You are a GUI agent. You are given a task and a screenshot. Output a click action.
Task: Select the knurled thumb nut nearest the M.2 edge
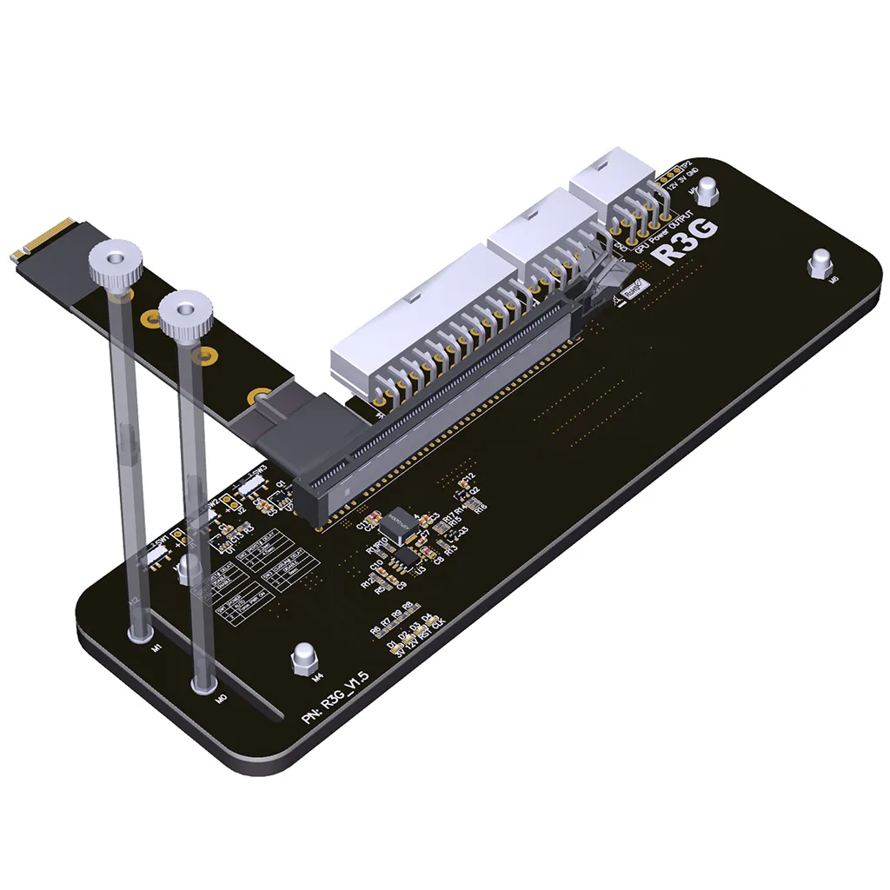click(x=115, y=260)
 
